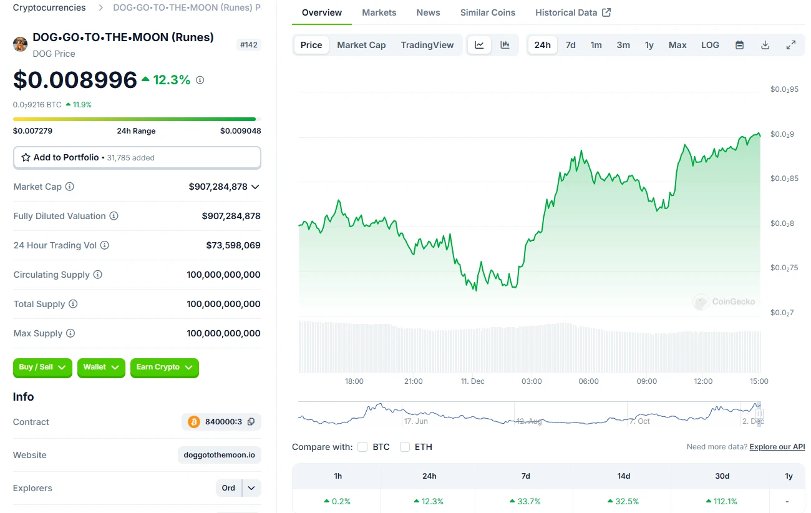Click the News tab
coord(428,12)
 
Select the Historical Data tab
coord(573,12)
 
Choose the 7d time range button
coord(570,45)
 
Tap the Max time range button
coord(677,45)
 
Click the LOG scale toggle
coord(710,45)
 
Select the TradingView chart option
coord(427,45)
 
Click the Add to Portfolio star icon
coord(26,158)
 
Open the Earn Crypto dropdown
coord(165,368)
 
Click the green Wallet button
coord(101,368)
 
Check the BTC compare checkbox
coord(362,447)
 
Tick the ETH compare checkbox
coord(405,447)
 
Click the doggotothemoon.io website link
coord(219,455)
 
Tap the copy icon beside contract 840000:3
coord(251,422)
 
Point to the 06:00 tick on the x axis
coord(588,381)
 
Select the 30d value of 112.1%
coord(722,501)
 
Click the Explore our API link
coord(777,447)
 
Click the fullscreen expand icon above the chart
coord(790,45)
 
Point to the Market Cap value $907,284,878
coord(218,187)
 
